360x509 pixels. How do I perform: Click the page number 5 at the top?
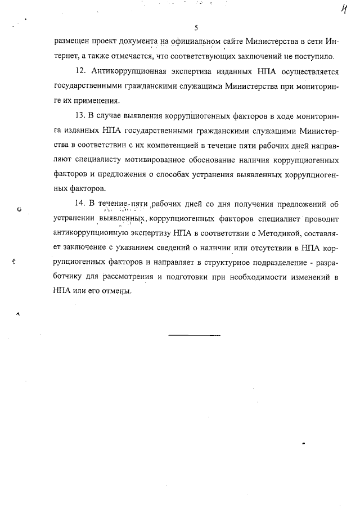pyautogui.click(x=196, y=28)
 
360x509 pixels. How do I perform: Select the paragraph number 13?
pyautogui.click(x=79, y=115)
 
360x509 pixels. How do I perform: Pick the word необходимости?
pyautogui.click(x=260, y=277)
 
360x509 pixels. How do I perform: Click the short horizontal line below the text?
pyautogui.click(x=195, y=335)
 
